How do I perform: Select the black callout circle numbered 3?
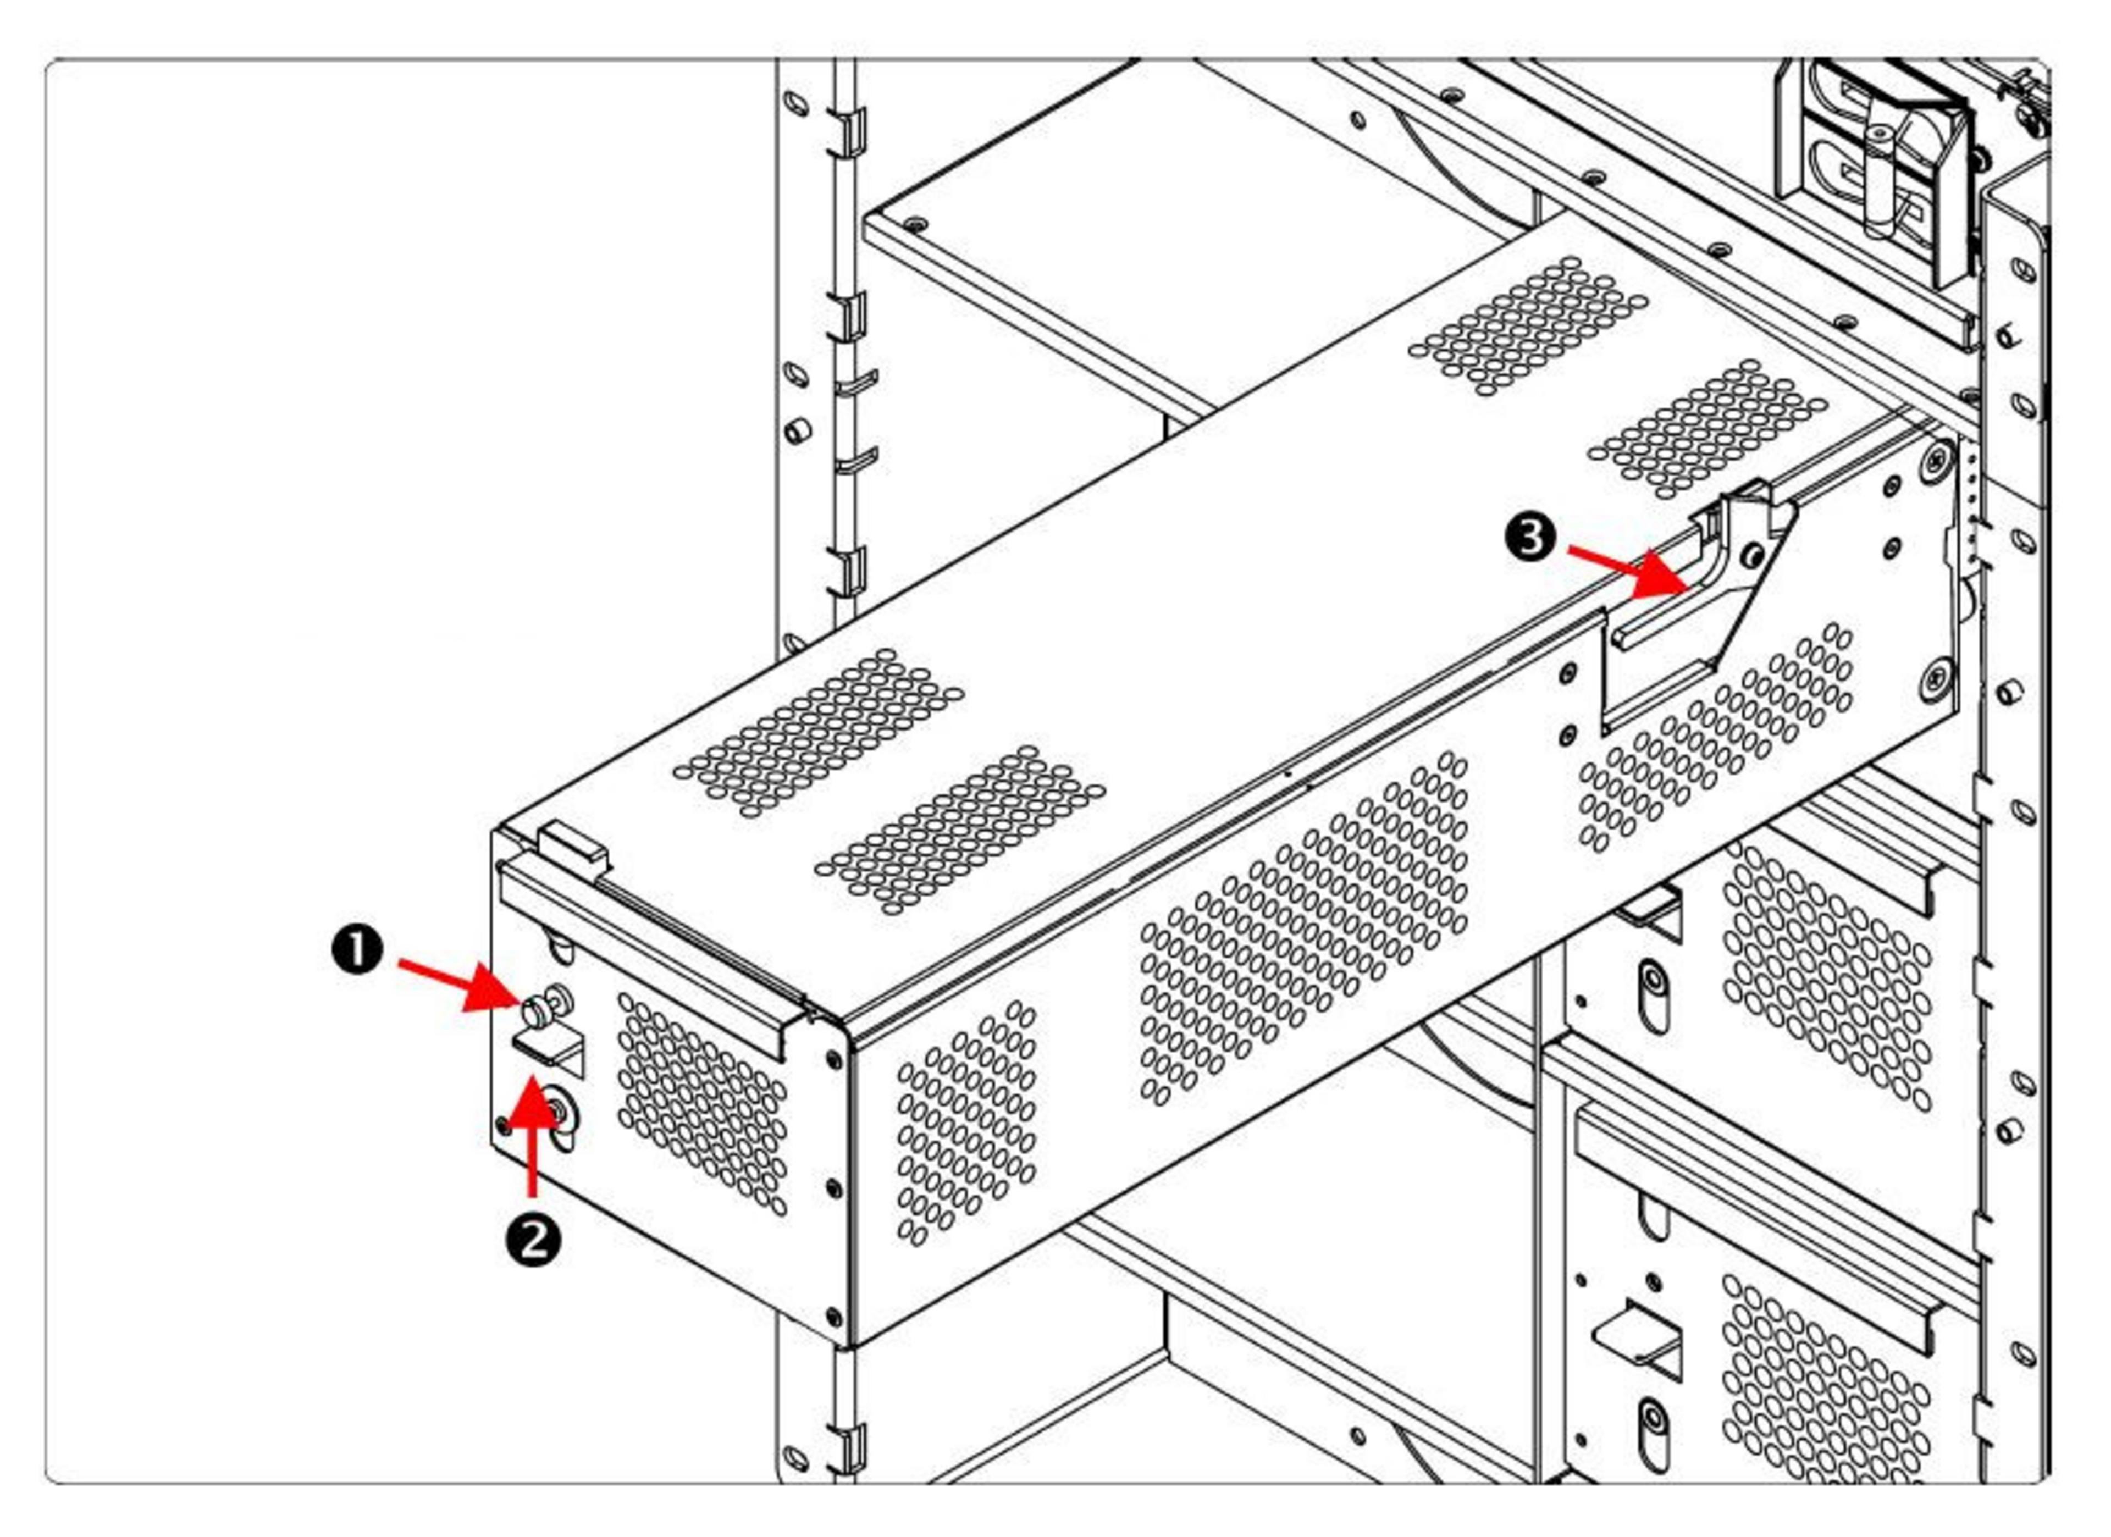pyautogui.click(x=1530, y=538)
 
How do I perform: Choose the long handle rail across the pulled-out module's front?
pyautogui.click(x=651, y=959)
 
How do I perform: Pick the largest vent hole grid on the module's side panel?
pyautogui.click(x=1303, y=931)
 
